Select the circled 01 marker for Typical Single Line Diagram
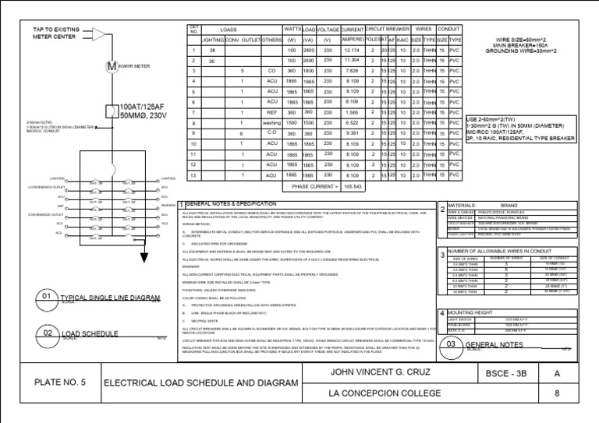tap(46, 296)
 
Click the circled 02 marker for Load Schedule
tap(46, 334)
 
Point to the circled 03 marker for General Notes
tap(450, 344)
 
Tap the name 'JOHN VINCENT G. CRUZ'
tap(373, 372)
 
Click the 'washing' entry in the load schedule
tap(272, 122)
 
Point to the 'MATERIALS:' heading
tap(465, 206)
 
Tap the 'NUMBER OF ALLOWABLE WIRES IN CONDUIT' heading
tap(505, 251)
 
